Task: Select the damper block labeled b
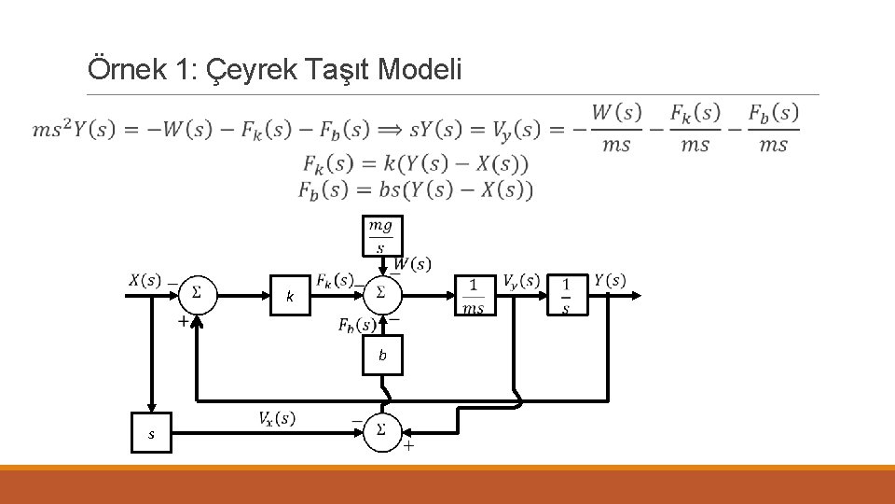click(x=382, y=355)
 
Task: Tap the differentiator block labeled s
click(x=151, y=434)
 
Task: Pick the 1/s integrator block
click(x=566, y=296)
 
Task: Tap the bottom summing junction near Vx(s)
click(x=381, y=431)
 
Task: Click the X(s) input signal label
click(x=145, y=280)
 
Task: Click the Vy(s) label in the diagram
click(x=520, y=280)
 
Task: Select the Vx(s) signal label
click(x=277, y=418)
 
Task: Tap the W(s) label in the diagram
click(x=412, y=264)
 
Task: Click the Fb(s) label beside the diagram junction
click(x=356, y=325)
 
